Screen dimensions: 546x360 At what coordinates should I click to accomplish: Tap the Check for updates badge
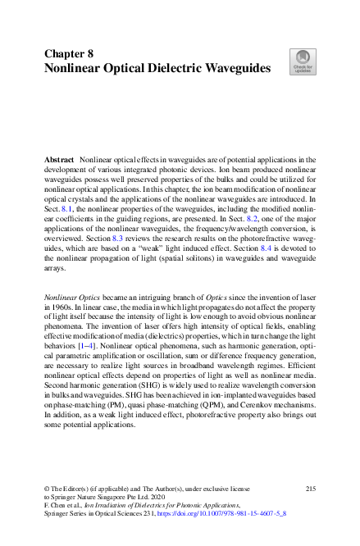302,61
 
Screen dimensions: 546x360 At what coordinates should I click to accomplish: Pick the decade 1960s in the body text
61,302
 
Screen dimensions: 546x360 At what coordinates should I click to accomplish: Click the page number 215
310,488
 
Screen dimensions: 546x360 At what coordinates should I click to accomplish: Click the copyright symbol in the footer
46,489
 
